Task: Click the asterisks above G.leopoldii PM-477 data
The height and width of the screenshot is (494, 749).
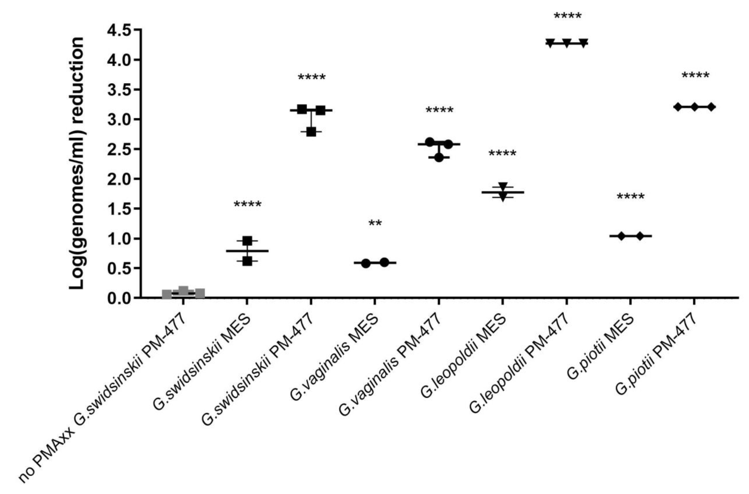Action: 567,16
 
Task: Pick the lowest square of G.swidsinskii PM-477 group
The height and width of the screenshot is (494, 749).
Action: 311,132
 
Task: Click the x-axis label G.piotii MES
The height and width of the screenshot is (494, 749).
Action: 600,347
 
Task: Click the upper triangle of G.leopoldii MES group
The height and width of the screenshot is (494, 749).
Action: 503,186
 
